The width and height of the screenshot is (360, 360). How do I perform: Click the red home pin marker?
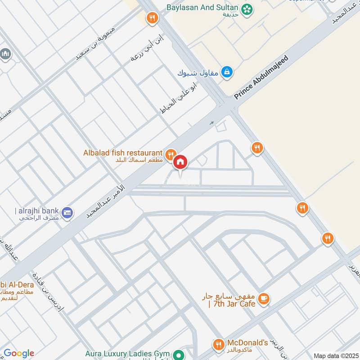[180, 162]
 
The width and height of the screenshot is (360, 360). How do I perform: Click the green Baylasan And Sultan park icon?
[246, 9]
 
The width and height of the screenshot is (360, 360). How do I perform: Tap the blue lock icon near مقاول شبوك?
[228, 72]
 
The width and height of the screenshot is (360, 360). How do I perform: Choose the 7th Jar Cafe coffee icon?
[264, 297]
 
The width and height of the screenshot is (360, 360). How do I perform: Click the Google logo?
[19, 353]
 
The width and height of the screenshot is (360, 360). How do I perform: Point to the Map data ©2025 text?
[335, 355]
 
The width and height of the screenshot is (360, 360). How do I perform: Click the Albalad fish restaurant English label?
[122, 153]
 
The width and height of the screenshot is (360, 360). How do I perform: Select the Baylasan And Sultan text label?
[202, 8]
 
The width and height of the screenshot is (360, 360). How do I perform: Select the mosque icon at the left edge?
[5, 54]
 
